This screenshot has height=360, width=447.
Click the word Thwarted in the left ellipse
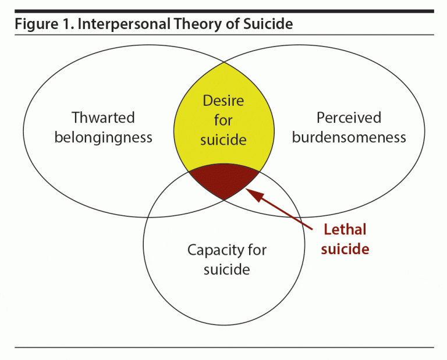click(x=103, y=118)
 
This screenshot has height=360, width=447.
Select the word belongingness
click(x=103, y=138)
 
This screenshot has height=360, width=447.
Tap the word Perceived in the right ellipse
click(x=349, y=118)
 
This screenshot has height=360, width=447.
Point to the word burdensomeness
click(x=349, y=138)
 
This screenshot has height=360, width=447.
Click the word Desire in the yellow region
click(x=223, y=101)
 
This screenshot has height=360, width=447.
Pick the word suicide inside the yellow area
click(x=223, y=140)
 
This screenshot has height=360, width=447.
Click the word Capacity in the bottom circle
click(x=212, y=250)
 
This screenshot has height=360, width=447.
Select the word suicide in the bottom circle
click(x=226, y=270)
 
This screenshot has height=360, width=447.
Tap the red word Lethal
click(x=345, y=229)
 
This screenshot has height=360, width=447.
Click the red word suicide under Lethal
click(x=345, y=249)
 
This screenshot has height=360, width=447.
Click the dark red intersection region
click(x=224, y=179)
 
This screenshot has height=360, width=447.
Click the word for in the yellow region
click(x=223, y=120)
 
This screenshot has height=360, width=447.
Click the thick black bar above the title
click(x=223, y=10)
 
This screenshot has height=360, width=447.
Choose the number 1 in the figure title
click(x=60, y=24)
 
